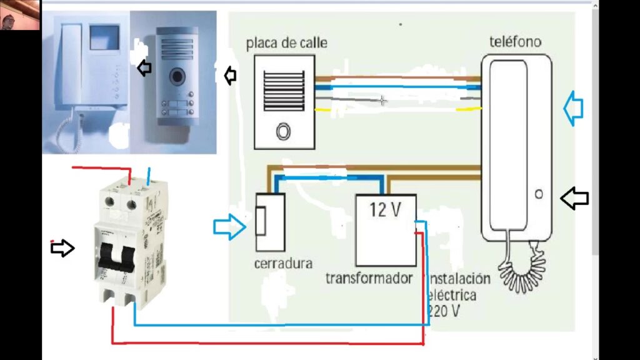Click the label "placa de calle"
(x=286, y=44)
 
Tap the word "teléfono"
(x=515, y=42)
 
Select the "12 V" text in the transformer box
(x=384, y=210)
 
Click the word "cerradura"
(x=283, y=263)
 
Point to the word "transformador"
(x=369, y=277)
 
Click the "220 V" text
(x=444, y=311)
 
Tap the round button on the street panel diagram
(x=284, y=131)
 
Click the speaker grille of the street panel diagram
(x=284, y=90)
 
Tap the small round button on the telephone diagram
(x=539, y=194)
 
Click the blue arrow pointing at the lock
(x=229, y=226)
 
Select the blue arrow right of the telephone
(x=573, y=108)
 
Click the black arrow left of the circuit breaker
(x=62, y=248)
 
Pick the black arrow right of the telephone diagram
(x=574, y=199)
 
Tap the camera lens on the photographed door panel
(x=178, y=76)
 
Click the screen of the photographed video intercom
(x=104, y=37)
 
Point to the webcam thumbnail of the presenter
(x=20, y=16)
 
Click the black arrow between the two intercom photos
(x=144, y=67)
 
